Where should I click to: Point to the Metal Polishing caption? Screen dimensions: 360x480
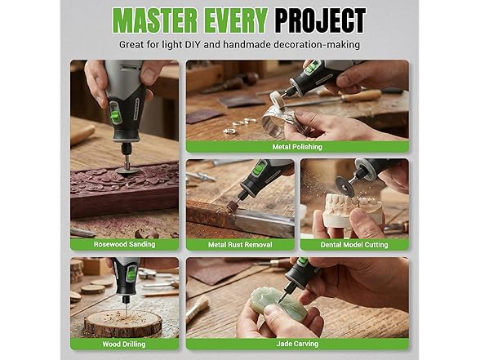[298, 147]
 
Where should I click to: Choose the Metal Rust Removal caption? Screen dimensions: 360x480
[240, 244]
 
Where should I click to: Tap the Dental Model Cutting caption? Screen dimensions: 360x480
[354, 244]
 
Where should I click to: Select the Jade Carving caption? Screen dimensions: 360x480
[298, 343]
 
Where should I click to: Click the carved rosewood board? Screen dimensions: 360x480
[122, 192]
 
